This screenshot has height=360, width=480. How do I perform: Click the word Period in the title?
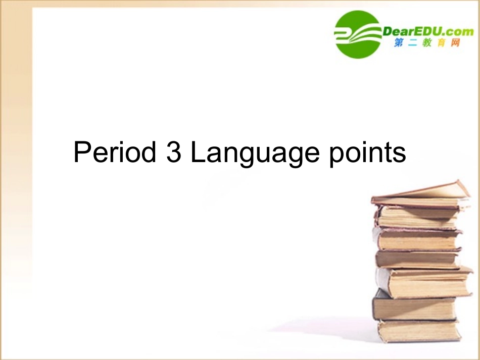pos(115,152)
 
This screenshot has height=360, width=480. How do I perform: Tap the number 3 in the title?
pos(173,152)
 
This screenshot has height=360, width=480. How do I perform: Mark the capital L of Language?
pos(198,152)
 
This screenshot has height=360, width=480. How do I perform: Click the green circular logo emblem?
pos(358,34)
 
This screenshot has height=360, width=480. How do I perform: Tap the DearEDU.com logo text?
pos(428,32)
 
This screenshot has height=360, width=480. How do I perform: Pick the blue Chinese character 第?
pos(399,43)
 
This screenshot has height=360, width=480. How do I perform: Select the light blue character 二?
pos(412,44)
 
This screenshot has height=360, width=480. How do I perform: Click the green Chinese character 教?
pos(427,44)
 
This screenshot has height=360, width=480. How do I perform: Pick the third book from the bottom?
pos(424,282)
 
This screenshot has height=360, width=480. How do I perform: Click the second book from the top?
pos(417,217)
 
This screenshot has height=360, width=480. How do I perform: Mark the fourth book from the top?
pos(417,259)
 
